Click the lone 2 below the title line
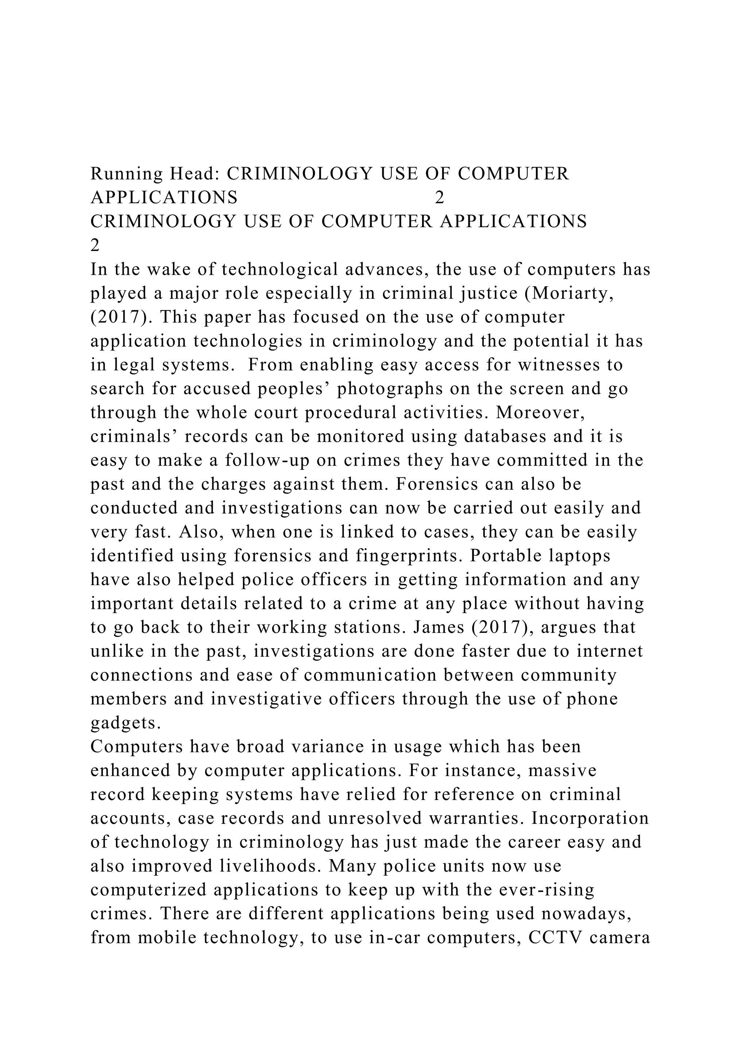pyautogui.click(x=95, y=246)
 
